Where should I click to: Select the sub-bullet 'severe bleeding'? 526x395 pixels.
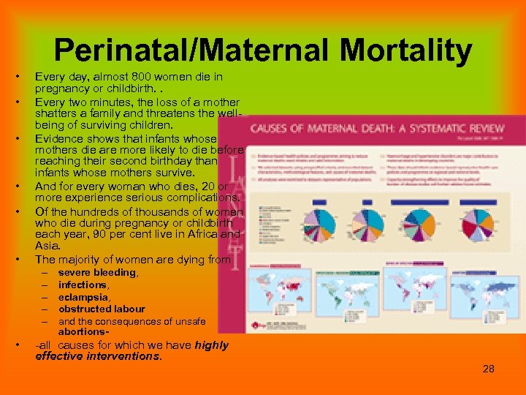tap(97, 272)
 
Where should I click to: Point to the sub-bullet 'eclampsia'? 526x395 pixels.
tap(84, 297)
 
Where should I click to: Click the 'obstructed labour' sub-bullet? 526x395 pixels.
tap(102, 309)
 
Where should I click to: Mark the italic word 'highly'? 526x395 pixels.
tap(212, 345)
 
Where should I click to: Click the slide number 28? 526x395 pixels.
tap(488, 369)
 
